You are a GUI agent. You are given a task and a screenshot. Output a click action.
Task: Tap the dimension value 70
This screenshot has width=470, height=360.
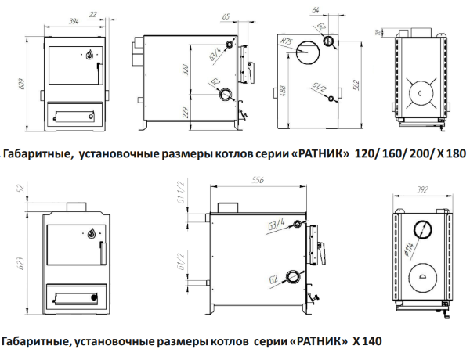click(378, 32)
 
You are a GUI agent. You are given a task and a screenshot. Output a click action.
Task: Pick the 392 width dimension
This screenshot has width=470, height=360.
click(424, 189)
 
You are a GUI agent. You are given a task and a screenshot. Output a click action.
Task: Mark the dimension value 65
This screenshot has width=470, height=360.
click(226, 16)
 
